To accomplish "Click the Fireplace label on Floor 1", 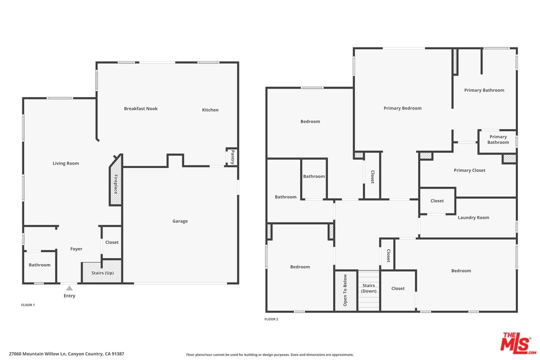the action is click(115, 184).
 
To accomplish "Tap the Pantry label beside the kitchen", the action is click(232, 156).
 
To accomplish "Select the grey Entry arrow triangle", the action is click(69, 288).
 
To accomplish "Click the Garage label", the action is click(180, 221).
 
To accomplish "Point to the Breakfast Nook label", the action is click(141, 108).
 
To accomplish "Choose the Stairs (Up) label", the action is click(102, 273).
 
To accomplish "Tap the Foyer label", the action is click(76, 248).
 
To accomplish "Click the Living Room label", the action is click(66, 163).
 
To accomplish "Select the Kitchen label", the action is click(210, 110).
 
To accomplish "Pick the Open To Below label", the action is click(345, 290).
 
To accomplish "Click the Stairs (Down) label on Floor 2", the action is click(368, 288).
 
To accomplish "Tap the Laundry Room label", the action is click(473, 217).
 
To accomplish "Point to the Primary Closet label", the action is click(469, 170).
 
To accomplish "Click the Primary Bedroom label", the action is click(402, 108).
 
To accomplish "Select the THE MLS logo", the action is click(518, 343).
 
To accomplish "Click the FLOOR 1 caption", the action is click(28, 305).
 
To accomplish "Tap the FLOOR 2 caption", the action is click(271, 319).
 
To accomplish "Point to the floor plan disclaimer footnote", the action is click(269, 354).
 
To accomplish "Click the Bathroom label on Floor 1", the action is click(39, 265).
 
